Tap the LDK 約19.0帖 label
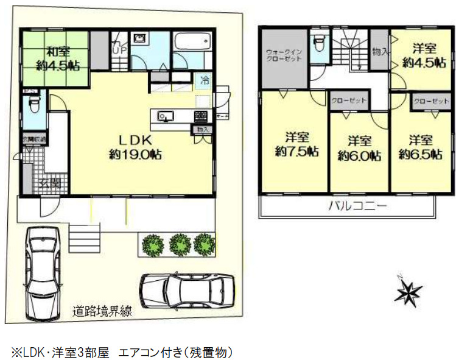[135, 147]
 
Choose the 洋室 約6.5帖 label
[420, 147]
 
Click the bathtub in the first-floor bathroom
[192, 44]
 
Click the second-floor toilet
[318, 46]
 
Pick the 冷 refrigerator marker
[205, 80]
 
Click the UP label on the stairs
[118, 51]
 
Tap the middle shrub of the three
[180, 244]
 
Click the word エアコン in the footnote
[136, 352]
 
